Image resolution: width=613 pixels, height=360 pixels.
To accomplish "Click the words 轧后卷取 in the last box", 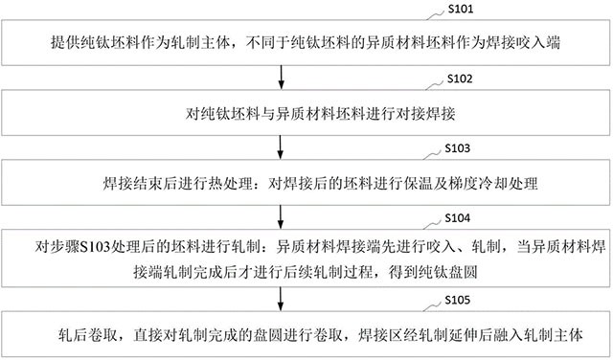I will tap(85, 335).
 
